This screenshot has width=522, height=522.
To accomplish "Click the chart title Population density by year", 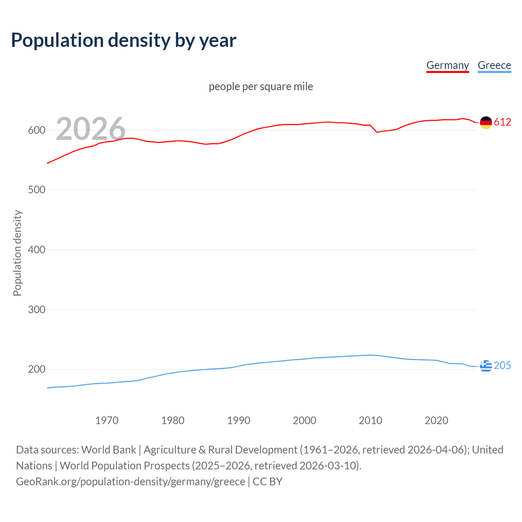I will pyautogui.click(x=124, y=40).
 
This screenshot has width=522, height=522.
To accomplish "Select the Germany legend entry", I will pyautogui.click(x=447, y=65).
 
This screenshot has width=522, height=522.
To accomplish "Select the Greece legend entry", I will pyautogui.click(x=494, y=65).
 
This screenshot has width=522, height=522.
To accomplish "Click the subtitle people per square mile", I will pyautogui.click(x=261, y=86).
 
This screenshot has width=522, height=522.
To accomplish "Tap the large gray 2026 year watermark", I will pyautogui.click(x=91, y=129).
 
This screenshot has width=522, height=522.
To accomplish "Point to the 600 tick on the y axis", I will pyautogui.click(x=36, y=130).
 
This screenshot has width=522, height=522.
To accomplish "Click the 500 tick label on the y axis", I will pyautogui.click(x=36, y=190).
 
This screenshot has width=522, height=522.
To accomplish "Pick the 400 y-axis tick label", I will pyautogui.click(x=36, y=250).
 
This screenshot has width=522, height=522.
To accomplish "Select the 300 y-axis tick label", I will pyautogui.click(x=36, y=310).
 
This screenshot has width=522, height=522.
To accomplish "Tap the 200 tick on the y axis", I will pyautogui.click(x=36, y=369).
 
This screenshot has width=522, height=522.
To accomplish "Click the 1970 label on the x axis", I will pyautogui.click(x=107, y=420).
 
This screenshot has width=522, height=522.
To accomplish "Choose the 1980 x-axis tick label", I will pyautogui.click(x=173, y=420).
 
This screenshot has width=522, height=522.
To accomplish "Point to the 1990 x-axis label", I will pyautogui.click(x=239, y=420).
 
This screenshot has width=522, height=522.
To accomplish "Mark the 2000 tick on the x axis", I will pyautogui.click(x=305, y=420).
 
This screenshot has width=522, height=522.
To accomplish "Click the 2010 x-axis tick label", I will pyautogui.click(x=370, y=420).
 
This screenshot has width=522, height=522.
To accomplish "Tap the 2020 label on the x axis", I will pyautogui.click(x=436, y=420).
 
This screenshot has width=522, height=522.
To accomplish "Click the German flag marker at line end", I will pyautogui.click(x=486, y=122).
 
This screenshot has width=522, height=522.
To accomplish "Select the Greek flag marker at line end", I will pyautogui.click(x=486, y=366).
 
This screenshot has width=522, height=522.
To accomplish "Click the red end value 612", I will pyautogui.click(x=502, y=122).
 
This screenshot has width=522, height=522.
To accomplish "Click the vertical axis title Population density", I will pyautogui.click(x=17, y=253).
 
